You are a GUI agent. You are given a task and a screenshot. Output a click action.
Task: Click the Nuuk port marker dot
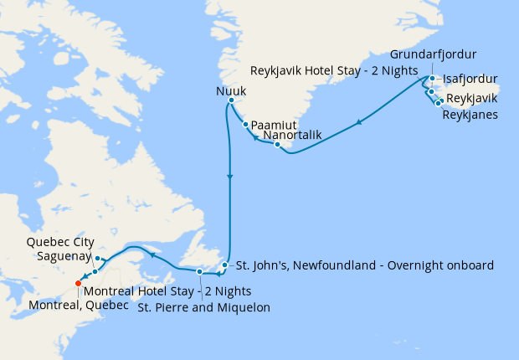[230, 100]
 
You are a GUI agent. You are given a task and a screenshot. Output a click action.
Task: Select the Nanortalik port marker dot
[277, 144]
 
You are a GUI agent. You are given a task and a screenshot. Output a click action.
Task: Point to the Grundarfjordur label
[434, 54]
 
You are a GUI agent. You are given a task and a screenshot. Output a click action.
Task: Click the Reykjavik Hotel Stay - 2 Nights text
[335, 69]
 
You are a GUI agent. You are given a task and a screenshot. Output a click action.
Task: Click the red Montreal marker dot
[78, 283]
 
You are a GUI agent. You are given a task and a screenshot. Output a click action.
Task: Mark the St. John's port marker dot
[224, 265]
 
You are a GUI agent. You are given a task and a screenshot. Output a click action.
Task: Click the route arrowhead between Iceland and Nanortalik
[359, 123]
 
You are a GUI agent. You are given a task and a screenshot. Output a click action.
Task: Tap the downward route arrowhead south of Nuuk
[229, 177]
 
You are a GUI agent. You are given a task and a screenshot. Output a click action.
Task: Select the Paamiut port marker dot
[244, 126]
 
